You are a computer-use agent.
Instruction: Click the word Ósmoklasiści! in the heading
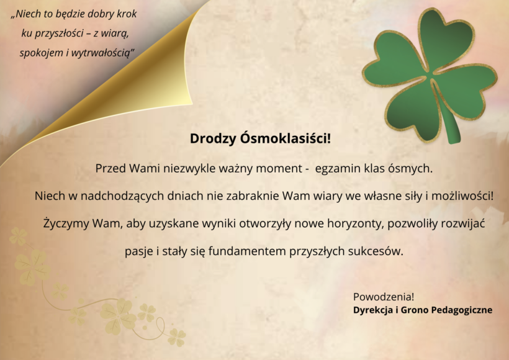(286, 138)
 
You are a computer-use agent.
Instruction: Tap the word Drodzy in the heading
(213, 138)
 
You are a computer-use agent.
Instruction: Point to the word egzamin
(338, 169)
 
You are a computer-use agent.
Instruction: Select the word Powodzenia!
(384, 297)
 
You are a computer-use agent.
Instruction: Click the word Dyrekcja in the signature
(372, 310)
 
